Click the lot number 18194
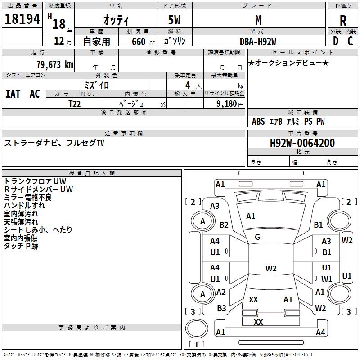(x=22, y=19)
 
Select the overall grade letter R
(x=343, y=21)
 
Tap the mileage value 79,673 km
(x=55, y=65)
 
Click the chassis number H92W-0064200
(x=302, y=143)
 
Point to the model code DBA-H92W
(x=258, y=41)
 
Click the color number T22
(x=75, y=104)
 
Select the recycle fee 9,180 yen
(x=230, y=104)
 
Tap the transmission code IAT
(x=13, y=94)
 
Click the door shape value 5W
(x=174, y=20)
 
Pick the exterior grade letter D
(x=336, y=41)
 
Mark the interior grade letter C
(x=350, y=41)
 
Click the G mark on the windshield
(x=257, y=237)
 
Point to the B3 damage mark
(x=221, y=308)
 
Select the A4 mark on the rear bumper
(x=320, y=332)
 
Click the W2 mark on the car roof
(x=271, y=268)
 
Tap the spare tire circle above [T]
(x=197, y=328)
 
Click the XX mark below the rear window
(x=258, y=322)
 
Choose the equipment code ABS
(x=258, y=121)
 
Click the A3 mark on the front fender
(x=215, y=206)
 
